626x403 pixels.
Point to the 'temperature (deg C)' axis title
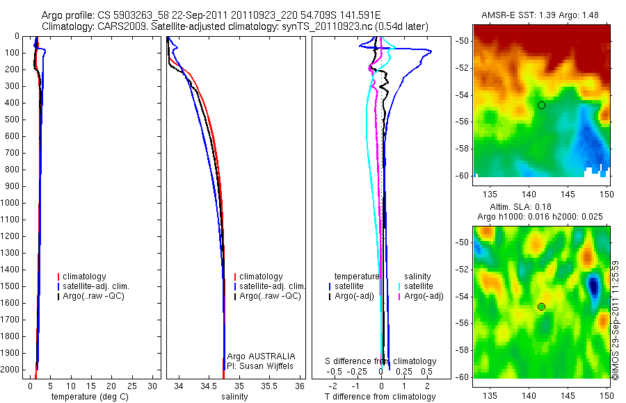[88, 397]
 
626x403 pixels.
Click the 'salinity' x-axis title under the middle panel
[234, 397]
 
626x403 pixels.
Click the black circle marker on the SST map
[541, 105]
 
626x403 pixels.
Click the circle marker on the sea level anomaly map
[541, 306]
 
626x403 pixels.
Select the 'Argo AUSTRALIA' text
[261, 356]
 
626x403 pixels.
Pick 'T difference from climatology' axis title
[380, 397]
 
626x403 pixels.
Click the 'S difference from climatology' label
[381, 361]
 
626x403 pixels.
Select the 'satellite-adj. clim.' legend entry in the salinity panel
[272, 286]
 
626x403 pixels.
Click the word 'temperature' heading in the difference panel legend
[357, 277]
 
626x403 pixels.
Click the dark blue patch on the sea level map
[593, 285]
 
